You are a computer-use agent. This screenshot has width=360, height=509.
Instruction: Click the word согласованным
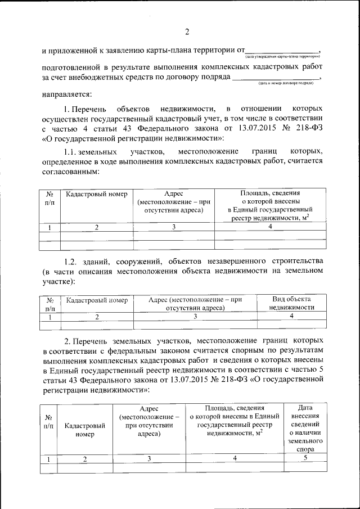[x=70, y=172]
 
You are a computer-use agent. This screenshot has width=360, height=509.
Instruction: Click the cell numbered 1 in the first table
[x=50, y=227]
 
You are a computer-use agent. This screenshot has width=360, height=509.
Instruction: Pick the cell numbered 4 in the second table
[x=291, y=317]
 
